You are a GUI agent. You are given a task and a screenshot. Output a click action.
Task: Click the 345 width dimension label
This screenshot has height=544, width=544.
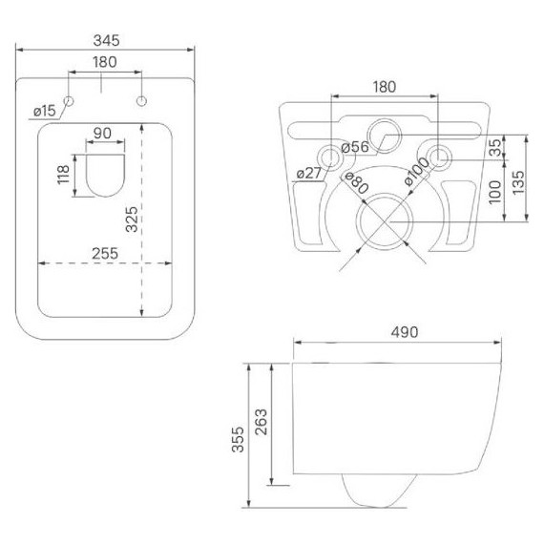click(x=107, y=41)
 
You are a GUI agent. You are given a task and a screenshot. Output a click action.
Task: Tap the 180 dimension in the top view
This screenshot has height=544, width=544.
click(x=105, y=62)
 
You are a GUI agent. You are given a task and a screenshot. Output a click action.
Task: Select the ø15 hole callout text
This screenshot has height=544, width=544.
click(x=45, y=111)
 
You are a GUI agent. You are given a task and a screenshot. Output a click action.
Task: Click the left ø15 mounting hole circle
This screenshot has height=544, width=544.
click(x=69, y=101)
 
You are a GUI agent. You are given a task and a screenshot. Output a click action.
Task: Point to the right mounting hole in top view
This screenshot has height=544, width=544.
click(x=141, y=101)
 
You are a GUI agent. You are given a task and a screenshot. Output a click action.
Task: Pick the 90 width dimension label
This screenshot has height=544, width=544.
click(x=103, y=134)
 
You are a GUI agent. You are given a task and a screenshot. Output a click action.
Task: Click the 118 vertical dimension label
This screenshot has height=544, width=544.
click(x=64, y=175)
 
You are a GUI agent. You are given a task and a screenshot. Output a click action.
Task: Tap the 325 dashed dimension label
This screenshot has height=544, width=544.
click(x=132, y=220)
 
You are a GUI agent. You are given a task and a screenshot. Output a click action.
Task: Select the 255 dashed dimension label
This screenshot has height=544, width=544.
click(x=105, y=254)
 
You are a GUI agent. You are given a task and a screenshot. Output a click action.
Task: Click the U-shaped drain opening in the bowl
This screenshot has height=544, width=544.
click(x=105, y=175)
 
